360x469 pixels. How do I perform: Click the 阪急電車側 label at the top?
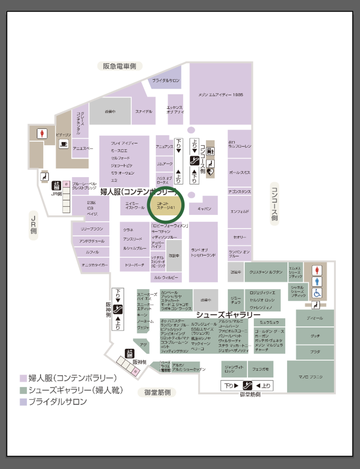(x=120, y=66)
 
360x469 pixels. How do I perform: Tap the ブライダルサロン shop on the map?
(x=166, y=80)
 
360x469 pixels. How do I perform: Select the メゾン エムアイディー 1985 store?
(x=220, y=95)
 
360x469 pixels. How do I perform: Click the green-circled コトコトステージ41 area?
(x=166, y=206)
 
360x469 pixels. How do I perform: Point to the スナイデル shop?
(x=144, y=112)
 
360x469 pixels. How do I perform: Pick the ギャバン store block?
(x=203, y=208)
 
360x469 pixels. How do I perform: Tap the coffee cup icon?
(x=63, y=144)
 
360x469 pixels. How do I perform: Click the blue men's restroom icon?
(x=318, y=281)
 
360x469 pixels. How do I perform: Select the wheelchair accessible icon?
(x=318, y=293)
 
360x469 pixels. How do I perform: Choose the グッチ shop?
(x=315, y=336)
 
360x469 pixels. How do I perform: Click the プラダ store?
(x=315, y=352)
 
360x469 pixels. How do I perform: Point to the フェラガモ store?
(x=260, y=369)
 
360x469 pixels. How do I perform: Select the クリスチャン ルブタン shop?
(x=265, y=272)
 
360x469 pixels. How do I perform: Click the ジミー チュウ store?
(x=235, y=300)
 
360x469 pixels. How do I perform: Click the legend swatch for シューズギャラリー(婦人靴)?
(x=23, y=390)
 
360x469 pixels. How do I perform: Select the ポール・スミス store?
(x=239, y=173)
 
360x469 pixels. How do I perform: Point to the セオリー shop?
(x=239, y=237)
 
